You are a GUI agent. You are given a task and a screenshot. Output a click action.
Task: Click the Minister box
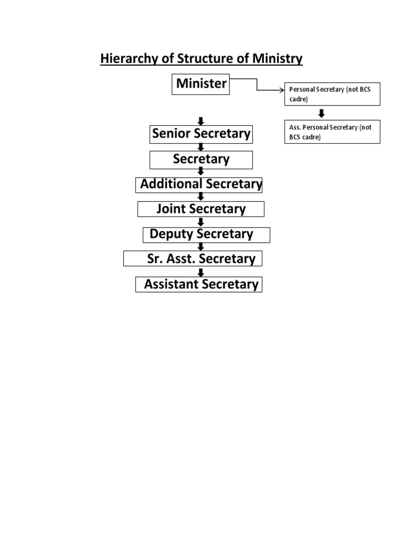(x=201, y=84)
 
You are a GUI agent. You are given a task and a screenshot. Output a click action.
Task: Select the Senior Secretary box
(x=201, y=134)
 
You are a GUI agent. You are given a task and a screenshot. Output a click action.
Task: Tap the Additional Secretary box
(x=201, y=185)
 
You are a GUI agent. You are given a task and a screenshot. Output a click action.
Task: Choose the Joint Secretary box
(x=201, y=209)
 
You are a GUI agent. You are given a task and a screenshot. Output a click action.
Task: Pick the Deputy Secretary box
(x=206, y=235)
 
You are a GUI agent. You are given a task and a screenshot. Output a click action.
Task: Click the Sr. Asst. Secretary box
(x=193, y=259)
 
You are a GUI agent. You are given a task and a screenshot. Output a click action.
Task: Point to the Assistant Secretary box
(x=198, y=284)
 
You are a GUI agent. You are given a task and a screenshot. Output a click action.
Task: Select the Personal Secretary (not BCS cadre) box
(x=332, y=94)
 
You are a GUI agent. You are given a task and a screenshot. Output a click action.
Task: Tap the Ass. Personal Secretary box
(x=332, y=132)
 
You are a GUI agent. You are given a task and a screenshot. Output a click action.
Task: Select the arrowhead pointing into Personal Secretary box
(x=281, y=90)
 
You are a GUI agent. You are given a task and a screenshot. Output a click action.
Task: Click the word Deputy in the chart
(x=168, y=234)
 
